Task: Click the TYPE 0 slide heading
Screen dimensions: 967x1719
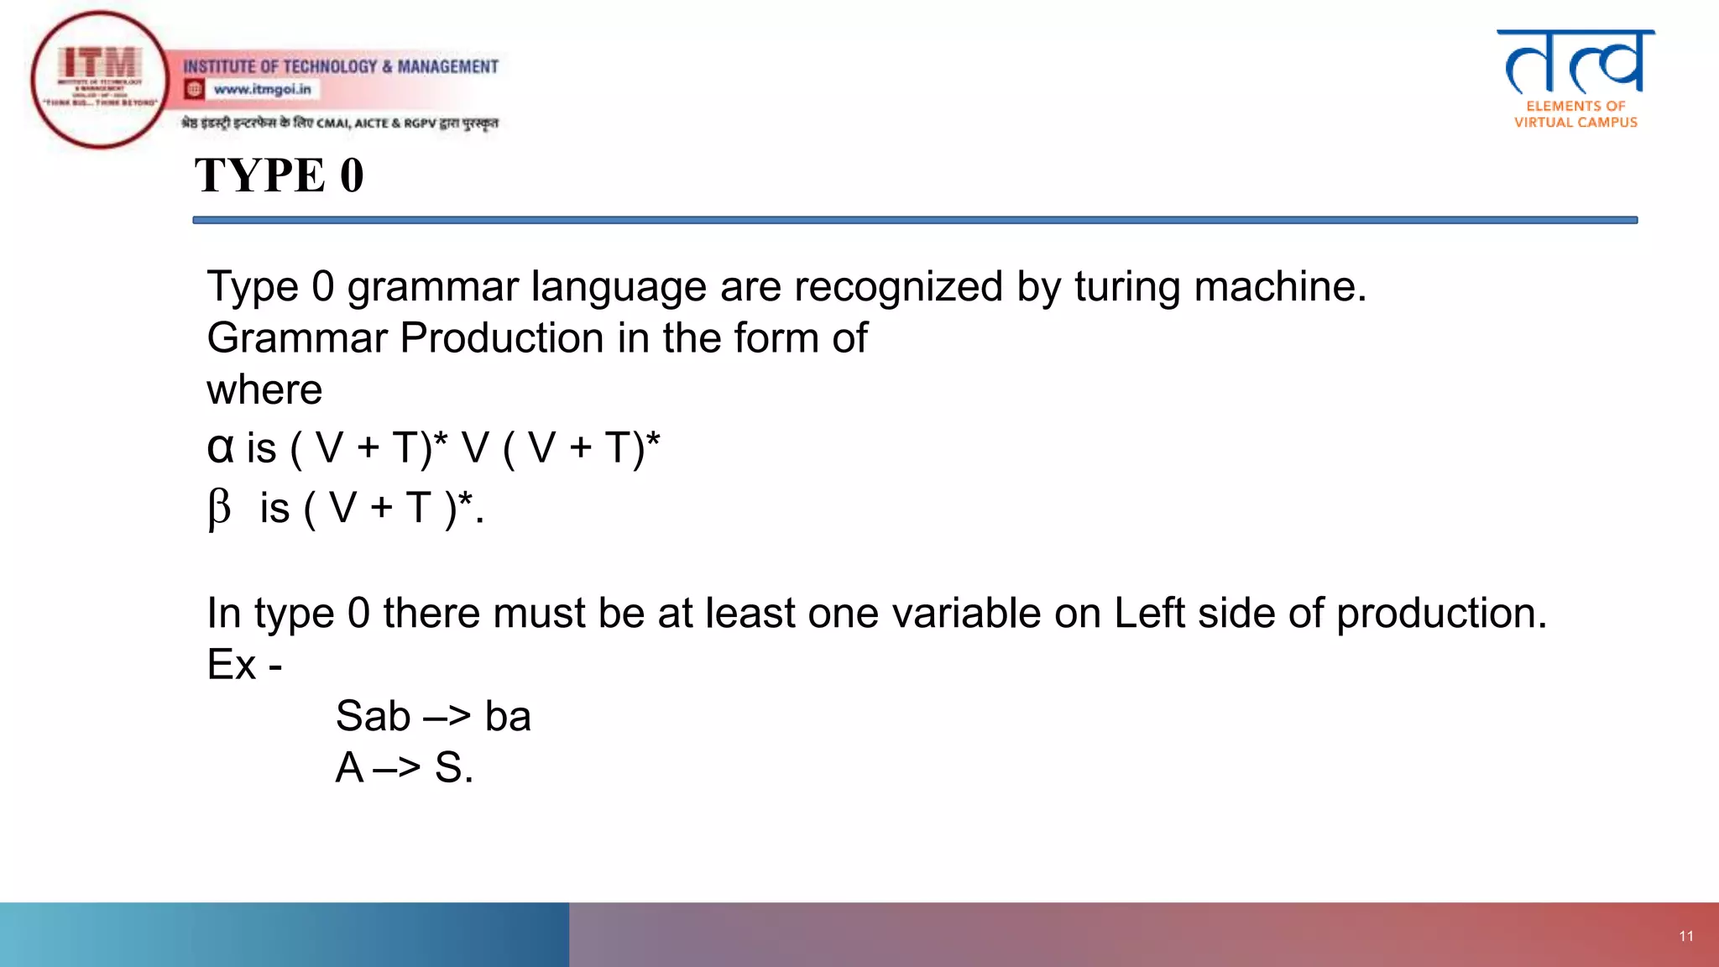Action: click(280, 175)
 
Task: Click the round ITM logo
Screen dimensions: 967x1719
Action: click(100, 80)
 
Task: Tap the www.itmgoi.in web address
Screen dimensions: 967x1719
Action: click(262, 89)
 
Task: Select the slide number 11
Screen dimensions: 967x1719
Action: click(1686, 936)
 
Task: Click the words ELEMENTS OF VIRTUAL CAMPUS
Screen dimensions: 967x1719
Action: click(1575, 114)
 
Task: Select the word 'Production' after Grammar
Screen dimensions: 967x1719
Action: click(501, 338)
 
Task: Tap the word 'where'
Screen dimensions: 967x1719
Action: click(264, 389)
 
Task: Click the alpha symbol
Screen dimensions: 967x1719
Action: click(220, 447)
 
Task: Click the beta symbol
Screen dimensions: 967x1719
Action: click(219, 508)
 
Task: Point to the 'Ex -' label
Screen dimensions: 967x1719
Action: click(244, 665)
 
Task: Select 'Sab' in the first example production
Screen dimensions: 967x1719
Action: click(373, 716)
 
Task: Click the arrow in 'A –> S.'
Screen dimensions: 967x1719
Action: click(397, 767)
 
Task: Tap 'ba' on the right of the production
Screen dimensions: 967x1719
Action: click(508, 716)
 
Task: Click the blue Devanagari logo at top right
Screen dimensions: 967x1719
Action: click(1575, 62)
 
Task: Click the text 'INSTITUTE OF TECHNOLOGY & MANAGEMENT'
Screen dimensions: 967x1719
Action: click(341, 66)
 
